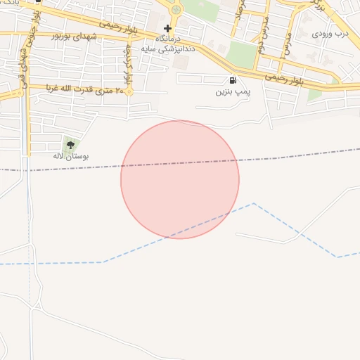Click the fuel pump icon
[x=233, y=81]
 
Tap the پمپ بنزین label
[x=232, y=92]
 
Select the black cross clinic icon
[x=167, y=29]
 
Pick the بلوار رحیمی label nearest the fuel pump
[x=284, y=77]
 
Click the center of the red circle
[x=180, y=179]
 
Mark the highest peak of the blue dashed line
[x=253, y=204]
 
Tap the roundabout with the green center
[x=175, y=10]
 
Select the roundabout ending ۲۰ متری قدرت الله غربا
[x=129, y=90]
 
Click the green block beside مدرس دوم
[x=242, y=54]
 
